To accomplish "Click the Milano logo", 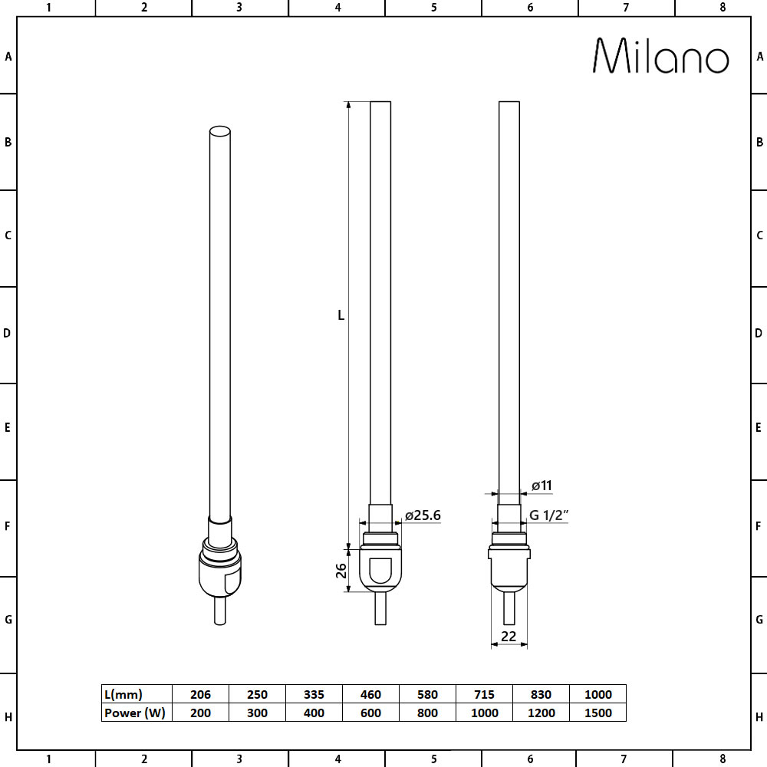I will (660, 56).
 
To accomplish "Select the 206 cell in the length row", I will (199, 694).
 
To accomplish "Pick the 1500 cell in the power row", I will (597, 713).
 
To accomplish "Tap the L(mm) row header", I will (123, 694).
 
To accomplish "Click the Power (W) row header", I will (134, 713).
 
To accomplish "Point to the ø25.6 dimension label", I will (423, 515).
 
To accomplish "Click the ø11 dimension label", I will (542, 486).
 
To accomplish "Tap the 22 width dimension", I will (508, 636).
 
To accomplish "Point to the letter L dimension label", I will (341, 315).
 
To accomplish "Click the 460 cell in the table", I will (370, 694).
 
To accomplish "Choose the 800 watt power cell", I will (427, 713).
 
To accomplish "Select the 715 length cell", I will (484, 694).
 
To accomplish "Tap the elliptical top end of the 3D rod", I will (219, 131).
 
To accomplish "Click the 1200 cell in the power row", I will (541, 713).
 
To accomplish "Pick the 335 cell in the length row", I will (314, 694).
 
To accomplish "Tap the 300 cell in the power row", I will (257, 713).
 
